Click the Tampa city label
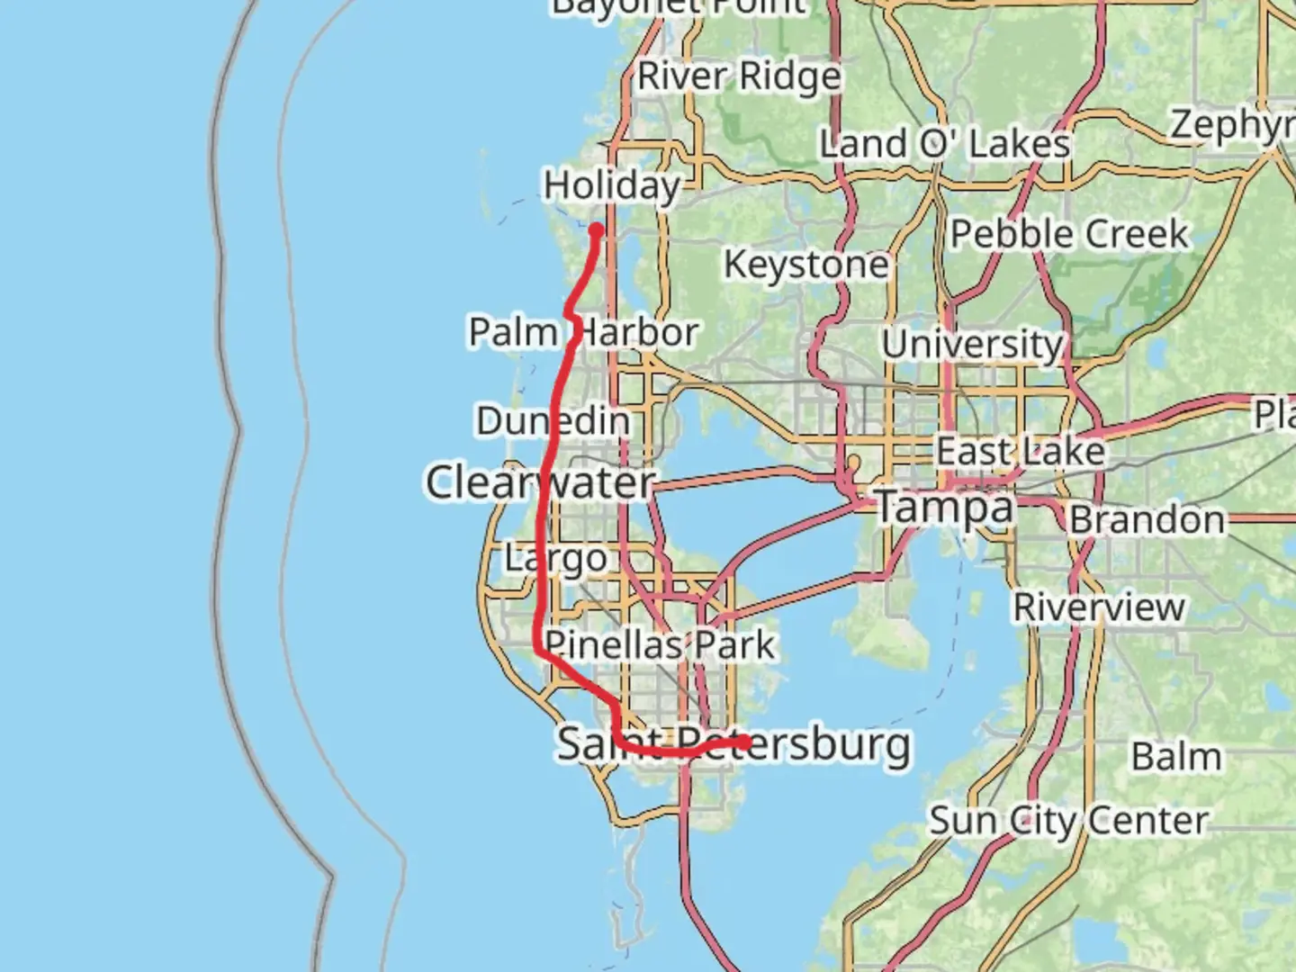click(x=944, y=507)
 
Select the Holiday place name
click(x=612, y=185)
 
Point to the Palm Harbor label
click(x=583, y=332)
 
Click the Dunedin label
click(x=553, y=420)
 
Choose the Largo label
click(x=555, y=558)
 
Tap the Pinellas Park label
click(x=660, y=644)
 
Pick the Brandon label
click(x=1147, y=520)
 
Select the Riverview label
click(x=1099, y=607)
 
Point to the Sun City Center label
click(x=1068, y=821)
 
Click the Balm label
click(x=1176, y=757)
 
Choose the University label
click(x=972, y=345)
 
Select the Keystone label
click(x=806, y=265)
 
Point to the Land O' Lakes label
click(x=944, y=144)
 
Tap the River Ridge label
click(x=739, y=76)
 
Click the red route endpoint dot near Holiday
click(x=596, y=230)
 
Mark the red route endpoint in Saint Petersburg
click(x=745, y=742)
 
